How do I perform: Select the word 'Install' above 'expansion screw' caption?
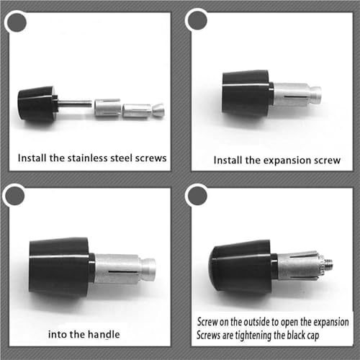228,160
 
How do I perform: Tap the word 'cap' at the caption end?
313,336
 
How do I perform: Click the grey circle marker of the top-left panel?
17,22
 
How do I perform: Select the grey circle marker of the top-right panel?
197,20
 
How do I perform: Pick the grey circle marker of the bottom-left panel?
14,196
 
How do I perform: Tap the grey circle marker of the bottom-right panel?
197,196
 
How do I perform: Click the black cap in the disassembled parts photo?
38,104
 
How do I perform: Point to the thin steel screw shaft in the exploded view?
75,104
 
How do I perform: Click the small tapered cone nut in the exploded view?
158,110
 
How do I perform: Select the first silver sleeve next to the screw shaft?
107,107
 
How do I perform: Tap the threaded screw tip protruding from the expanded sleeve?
328,265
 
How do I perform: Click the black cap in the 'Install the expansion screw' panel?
247,94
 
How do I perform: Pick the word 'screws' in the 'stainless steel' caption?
150,158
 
